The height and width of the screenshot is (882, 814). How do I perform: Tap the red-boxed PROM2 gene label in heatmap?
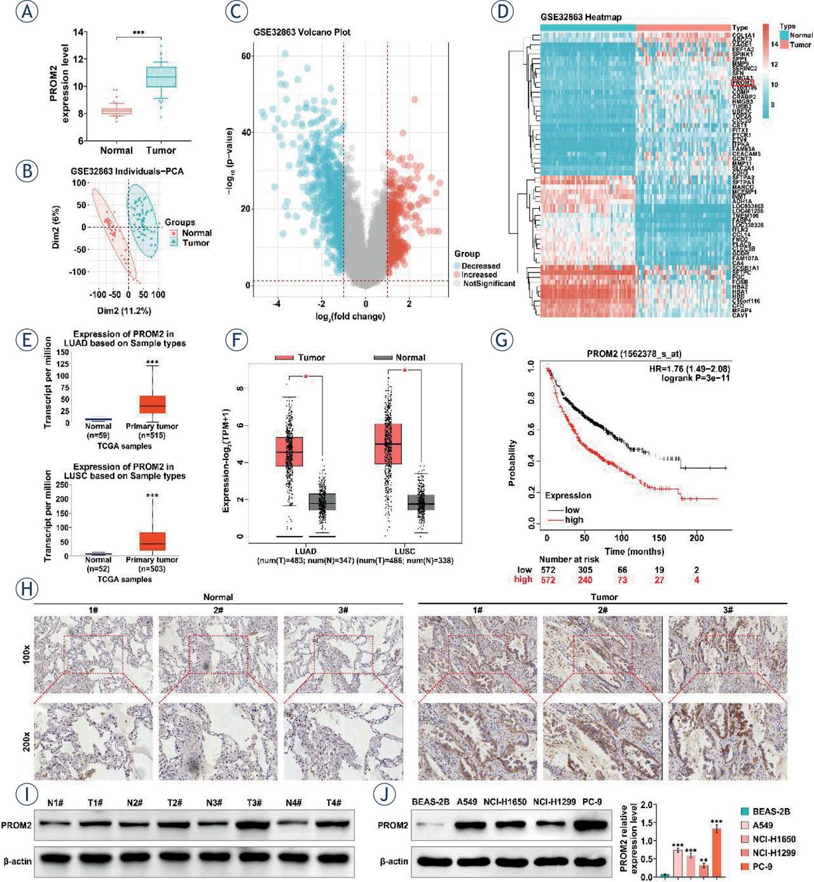pyautogui.click(x=742, y=83)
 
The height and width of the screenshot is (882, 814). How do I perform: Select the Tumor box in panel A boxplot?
pyautogui.click(x=161, y=77)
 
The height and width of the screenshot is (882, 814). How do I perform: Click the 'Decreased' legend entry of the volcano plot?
pyautogui.click(x=480, y=266)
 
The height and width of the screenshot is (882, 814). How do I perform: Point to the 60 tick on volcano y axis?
pyautogui.click(x=245, y=57)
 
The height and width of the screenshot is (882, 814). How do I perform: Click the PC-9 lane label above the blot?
pyautogui.click(x=591, y=802)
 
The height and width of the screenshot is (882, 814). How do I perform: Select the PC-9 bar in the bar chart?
pyautogui.click(x=717, y=853)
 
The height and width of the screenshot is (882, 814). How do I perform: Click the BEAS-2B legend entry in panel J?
pyautogui.click(x=770, y=811)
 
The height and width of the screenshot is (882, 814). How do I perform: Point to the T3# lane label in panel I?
pyautogui.click(x=254, y=802)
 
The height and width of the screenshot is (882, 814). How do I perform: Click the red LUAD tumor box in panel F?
pyautogui.click(x=289, y=452)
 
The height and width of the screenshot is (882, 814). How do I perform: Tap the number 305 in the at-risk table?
pyautogui.click(x=585, y=570)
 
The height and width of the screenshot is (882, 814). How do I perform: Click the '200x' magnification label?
pyautogui.click(x=26, y=741)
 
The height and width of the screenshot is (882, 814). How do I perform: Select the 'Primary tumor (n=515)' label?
pyautogui.click(x=152, y=430)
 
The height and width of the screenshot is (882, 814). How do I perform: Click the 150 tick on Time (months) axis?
pyautogui.click(x=659, y=538)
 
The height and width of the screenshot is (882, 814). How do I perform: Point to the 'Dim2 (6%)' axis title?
pyautogui.click(x=57, y=227)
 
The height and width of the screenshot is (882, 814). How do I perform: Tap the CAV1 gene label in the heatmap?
pyautogui.click(x=740, y=315)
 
